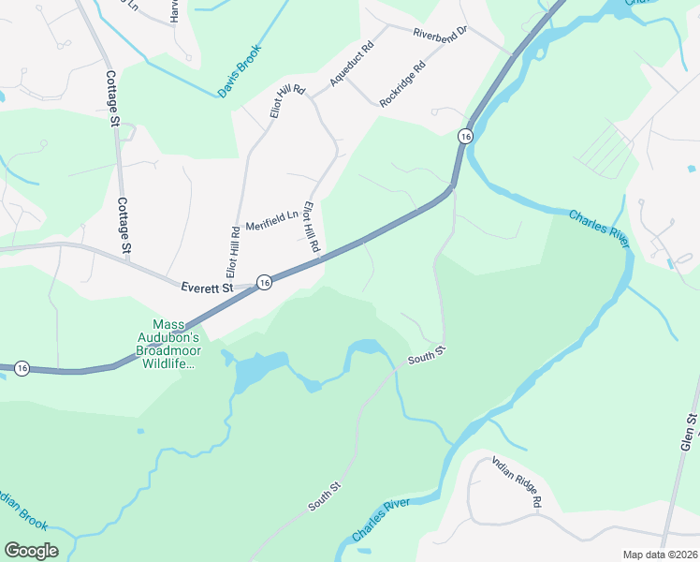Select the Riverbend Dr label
click(x=442, y=31)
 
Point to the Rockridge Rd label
click(x=403, y=83)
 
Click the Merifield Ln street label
click(x=271, y=221)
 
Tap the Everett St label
click(x=207, y=288)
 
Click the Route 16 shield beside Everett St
click(x=264, y=283)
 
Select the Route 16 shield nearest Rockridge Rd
click(x=465, y=137)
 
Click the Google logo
click(x=31, y=551)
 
